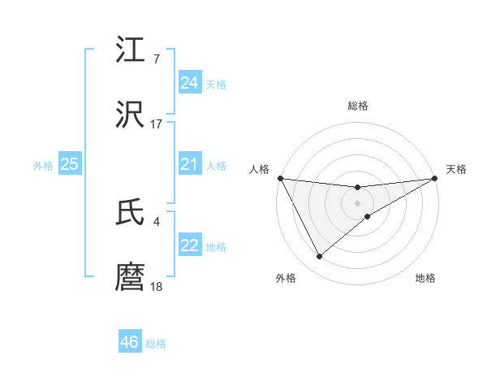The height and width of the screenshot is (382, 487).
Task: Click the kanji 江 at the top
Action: pyautogui.click(x=130, y=50)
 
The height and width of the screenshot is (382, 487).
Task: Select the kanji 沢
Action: pyautogui.click(x=130, y=115)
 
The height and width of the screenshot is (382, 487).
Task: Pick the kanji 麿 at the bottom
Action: pyautogui.click(x=130, y=277)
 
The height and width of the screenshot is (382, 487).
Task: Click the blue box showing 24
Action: pyautogui.click(x=189, y=83)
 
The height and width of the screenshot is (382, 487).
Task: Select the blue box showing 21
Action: pyautogui.click(x=189, y=165)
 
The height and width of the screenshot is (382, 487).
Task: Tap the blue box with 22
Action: pyautogui.click(x=189, y=246)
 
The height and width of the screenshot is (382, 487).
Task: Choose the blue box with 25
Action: pyautogui.click(x=69, y=165)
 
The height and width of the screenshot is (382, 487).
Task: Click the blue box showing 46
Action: pyautogui.click(x=130, y=342)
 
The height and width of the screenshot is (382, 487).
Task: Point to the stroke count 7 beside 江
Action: pyautogui.click(x=156, y=59)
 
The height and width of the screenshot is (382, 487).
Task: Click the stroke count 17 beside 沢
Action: pyautogui.click(x=156, y=124)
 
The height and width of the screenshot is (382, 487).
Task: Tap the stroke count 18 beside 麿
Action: pyautogui.click(x=156, y=286)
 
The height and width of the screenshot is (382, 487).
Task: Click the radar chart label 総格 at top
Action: pyautogui.click(x=357, y=106)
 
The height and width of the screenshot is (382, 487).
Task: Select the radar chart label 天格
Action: pyautogui.click(x=457, y=169)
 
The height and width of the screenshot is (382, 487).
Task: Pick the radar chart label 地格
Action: pyautogui.click(x=425, y=278)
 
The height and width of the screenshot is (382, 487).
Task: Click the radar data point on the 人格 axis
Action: pyautogui.click(x=280, y=178)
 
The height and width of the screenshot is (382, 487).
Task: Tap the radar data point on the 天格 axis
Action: pyautogui.click(x=435, y=178)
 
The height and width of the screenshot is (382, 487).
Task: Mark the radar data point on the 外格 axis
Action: pyautogui.click(x=319, y=257)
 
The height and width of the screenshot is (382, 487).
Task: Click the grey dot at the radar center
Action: pyautogui.click(x=357, y=202)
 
